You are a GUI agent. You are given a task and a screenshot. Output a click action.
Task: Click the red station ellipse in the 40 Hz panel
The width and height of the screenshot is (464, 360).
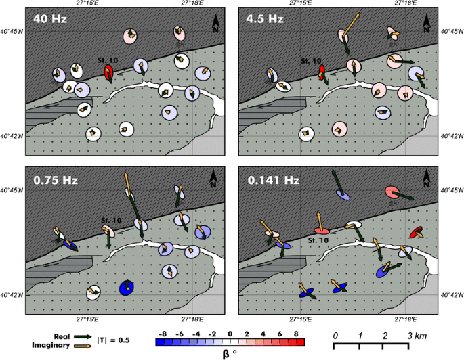click(109, 72)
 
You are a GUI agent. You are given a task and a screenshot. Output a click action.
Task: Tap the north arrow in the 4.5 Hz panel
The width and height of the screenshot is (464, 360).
click(427, 24)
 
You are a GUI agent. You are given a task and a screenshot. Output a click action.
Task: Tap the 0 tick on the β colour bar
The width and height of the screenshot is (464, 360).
click(230, 334)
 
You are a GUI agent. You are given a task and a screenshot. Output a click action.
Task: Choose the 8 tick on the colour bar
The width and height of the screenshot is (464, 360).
click(296, 334)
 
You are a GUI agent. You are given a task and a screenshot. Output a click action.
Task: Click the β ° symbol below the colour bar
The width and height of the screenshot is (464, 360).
click(230, 353)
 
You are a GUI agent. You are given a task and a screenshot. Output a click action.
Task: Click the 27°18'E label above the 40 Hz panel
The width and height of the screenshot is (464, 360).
click(192, 4)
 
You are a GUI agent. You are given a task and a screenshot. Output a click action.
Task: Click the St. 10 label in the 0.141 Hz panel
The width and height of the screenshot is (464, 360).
click(319, 240)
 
